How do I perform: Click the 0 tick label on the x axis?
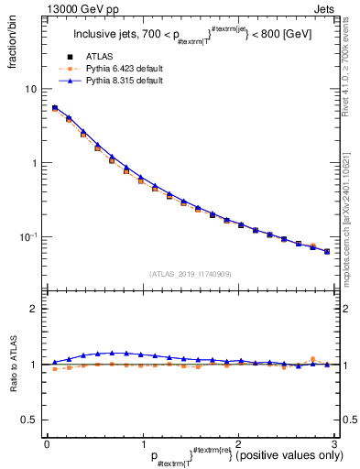click(x=47, y=444)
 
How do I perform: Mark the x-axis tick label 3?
click(x=334, y=444)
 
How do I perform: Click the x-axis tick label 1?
click(x=143, y=444)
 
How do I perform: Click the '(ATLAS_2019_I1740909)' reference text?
click(x=190, y=273)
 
